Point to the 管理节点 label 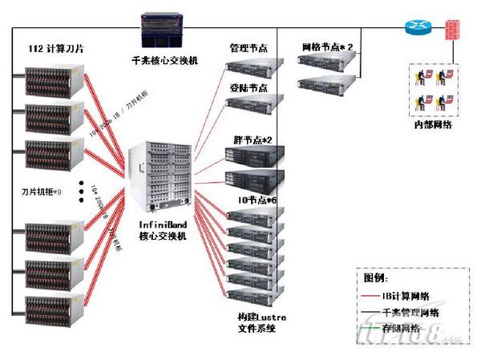pyautogui.click(x=249, y=48)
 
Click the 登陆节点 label pyautogui.click(x=249, y=88)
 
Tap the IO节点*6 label pyautogui.click(x=256, y=200)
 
